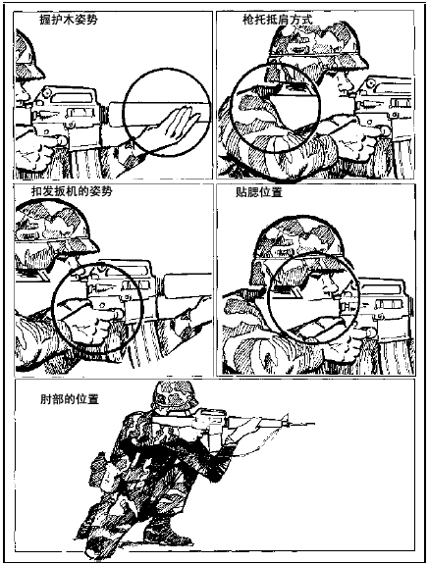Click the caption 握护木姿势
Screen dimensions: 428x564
pyautogui.click(x=68, y=20)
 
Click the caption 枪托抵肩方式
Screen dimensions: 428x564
pyautogui.click(x=277, y=20)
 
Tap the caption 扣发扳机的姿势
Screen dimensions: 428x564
pyautogui.click(x=72, y=191)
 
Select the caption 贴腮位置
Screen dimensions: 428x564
pyautogui.click(x=259, y=192)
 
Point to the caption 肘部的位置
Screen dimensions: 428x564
pyautogui.click(x=70, y=399)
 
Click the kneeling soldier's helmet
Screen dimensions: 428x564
pyautogui.click(x=174, y=395)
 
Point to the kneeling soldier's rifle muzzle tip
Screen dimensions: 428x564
pyautogui.click(x=313, y=425)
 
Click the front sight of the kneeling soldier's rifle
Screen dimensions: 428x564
pyautogui.click(x=286, y=419)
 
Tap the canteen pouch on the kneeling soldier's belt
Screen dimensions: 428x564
pyautogui.click(x=104, y=471)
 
